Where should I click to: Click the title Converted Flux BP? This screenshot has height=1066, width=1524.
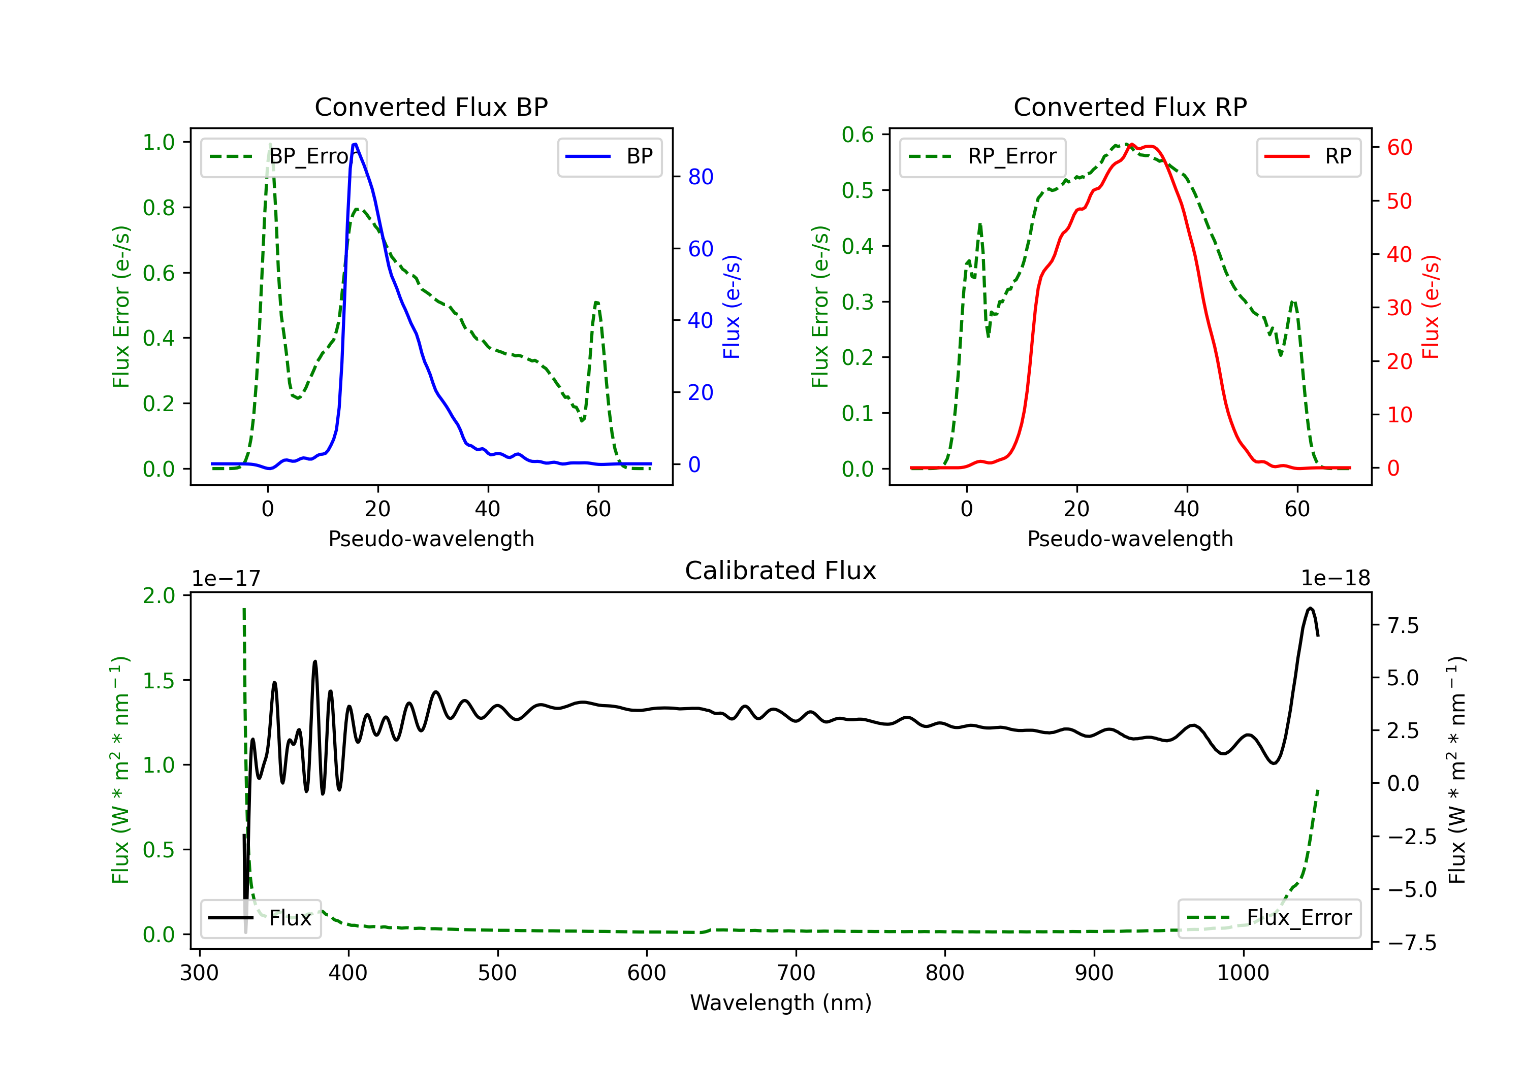(431, 107)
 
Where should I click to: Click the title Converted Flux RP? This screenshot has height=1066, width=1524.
(1130, 107)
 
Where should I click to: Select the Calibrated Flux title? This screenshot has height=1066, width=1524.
(781, 571)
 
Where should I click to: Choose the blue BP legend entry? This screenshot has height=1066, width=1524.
(609, 156)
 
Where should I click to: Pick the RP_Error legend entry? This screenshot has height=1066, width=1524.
(982, 156)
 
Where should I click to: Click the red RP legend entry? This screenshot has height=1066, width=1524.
(1308, 156)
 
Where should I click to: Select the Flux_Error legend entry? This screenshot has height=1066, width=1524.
(1269, 918)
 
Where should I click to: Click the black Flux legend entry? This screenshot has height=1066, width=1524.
(260, 918)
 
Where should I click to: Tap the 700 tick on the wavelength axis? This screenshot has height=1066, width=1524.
(796, 973)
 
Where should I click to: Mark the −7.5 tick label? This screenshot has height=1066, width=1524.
(1412, 943)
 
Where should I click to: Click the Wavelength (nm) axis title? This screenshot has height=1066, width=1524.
(781, 1003)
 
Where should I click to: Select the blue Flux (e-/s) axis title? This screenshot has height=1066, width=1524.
(732, 307)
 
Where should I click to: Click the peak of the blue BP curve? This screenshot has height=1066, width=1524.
(355, 144)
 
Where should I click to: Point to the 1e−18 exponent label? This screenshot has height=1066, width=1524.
(1336, 579)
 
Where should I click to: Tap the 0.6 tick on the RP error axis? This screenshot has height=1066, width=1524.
(858, 135)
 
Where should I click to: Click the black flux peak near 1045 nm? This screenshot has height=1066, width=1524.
(1310, 608)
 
